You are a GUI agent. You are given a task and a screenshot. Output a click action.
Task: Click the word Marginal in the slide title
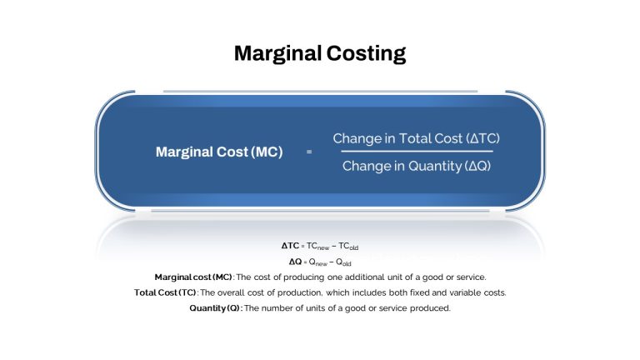coord(277,53)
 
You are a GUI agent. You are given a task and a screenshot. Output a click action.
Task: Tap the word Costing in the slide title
coord(366,53)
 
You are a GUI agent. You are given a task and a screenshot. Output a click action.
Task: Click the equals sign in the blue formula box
coord(309,152)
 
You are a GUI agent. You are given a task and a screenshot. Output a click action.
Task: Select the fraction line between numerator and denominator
coord(417,152)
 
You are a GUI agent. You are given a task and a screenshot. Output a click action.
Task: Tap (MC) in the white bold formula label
coord(267,152)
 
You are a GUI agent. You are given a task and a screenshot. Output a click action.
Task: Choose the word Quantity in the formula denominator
coord(435,166)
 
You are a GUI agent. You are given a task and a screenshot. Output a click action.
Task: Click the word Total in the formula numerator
coord(414,138)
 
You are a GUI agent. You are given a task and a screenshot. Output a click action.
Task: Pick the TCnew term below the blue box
coord(317,246)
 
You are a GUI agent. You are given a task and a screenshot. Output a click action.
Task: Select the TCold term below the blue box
coord(348,246)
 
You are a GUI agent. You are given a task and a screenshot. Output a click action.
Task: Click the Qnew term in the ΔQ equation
coord(318,262)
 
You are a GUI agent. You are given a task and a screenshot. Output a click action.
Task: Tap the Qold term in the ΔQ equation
coord(343,262)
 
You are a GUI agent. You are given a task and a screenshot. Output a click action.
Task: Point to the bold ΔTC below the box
coord(290,246)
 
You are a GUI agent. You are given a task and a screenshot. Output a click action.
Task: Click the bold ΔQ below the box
coord(295,262)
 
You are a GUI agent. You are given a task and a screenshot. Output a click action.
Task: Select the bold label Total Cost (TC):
coord(166,292)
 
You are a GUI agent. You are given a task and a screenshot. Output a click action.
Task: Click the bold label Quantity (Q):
coord(216,308)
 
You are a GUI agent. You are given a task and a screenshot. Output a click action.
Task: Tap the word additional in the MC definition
coord(364,277)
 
